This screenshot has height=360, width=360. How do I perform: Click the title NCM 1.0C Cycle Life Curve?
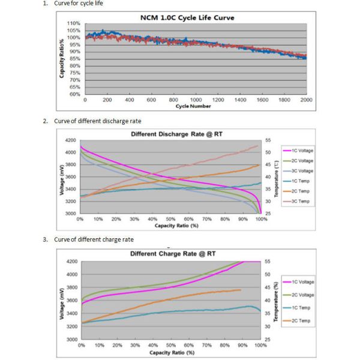tap(187, 17)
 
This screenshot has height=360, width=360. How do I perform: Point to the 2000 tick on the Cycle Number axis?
tap(306, 100)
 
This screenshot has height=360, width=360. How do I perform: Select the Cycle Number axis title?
tap(193, 106)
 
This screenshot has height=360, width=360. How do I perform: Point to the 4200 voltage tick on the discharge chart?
tap(70, 140)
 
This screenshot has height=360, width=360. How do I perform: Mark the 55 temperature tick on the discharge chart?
tap(267, 140)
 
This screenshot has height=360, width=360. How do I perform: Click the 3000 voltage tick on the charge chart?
tap(71, 340)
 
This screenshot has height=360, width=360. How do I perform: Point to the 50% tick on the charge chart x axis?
tap(172, 346)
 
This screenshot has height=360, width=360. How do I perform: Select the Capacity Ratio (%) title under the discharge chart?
tap(176, 226)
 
